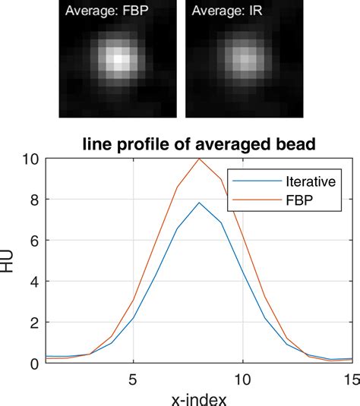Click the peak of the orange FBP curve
tap(199, 159)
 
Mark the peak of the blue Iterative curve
tap(199, 203)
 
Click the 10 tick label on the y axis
tap(28, 159)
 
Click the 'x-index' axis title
tap(199, 397)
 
